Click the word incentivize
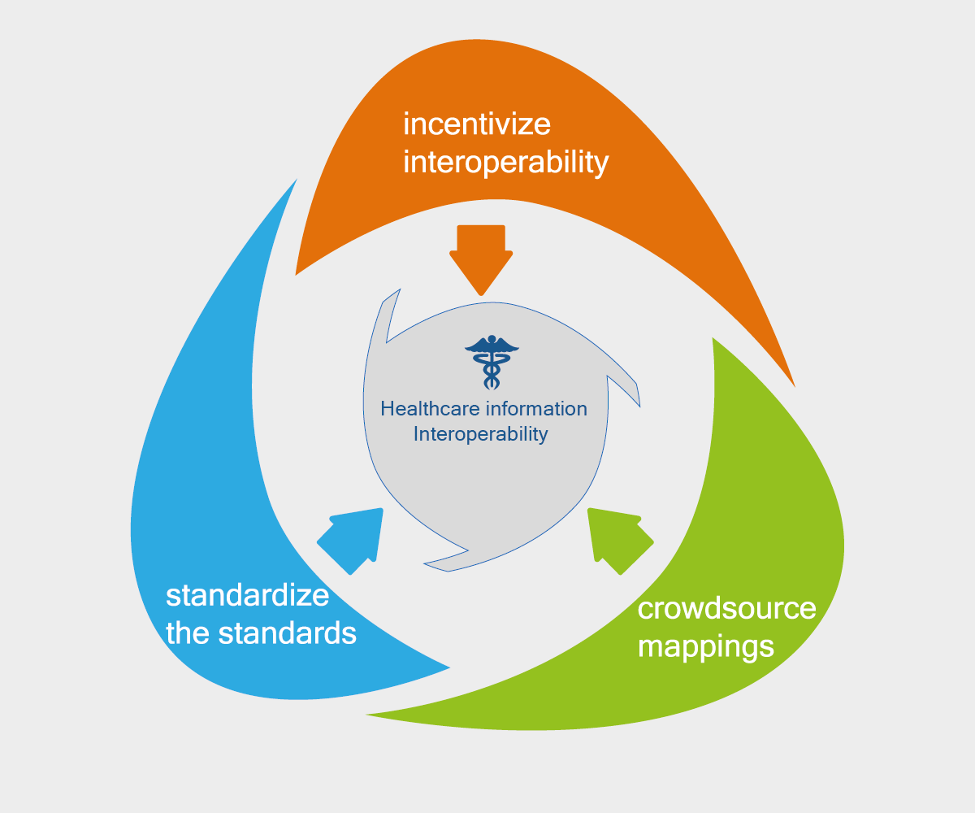(x=477, y=124)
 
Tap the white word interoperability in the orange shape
(x=505, y=163)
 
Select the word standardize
(x=247, y=595)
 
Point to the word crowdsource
(x=726, y=608)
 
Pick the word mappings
(x=705, y=646)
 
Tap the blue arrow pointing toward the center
(x=352, y=539)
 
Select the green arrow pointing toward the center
(x=617, y=539)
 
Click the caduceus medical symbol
(x=492, y=362)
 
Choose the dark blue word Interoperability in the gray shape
(x=480, y=434)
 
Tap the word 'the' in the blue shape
(x=188, y=633)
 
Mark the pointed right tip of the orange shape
(x=793, y=385)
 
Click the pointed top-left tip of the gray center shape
(x=398, y=289)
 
